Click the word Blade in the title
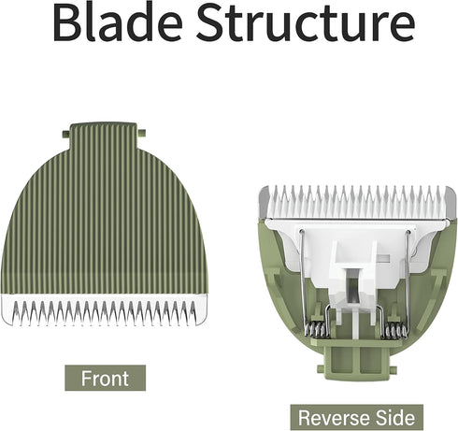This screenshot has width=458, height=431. coord(118,21)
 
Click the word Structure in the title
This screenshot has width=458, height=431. coord(306,21)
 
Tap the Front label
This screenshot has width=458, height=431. coord(105,378)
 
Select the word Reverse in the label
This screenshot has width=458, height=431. coord(332,418)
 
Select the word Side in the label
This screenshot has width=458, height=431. coord(394,418)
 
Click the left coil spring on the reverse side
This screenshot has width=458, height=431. coord(317,330)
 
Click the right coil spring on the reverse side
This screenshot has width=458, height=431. coord(395,330)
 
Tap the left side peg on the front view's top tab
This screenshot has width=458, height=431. coord(65,135)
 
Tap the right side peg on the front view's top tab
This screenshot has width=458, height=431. coord(141,133)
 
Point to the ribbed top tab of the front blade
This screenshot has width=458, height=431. coord(104,136)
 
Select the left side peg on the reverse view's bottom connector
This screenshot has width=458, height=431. coord(321,369)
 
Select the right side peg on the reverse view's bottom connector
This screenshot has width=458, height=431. coord(393,369)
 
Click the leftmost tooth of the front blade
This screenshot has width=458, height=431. coord(16,313)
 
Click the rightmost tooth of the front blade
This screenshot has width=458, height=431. coord(193,313)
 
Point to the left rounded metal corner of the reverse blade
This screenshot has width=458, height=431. coord(264,202)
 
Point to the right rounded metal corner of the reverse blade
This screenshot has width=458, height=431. coord(450,202)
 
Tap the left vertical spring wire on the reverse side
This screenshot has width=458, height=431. coord(303,278)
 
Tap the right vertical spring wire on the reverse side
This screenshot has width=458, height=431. coord(408,278)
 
